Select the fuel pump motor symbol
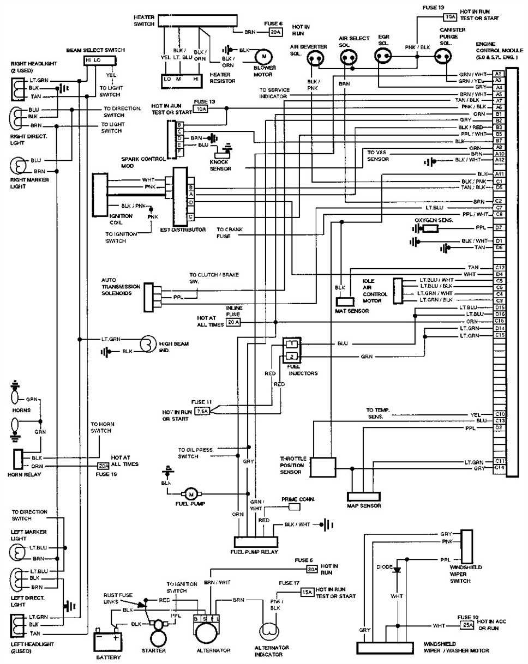point(191,494)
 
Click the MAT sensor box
point(345,301)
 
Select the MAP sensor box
point(364,497)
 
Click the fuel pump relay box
point(255,542)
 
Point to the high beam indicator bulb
point(148,345)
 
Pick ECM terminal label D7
point(499,227)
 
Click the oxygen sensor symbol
point(431,227)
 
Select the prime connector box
point(294,507)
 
